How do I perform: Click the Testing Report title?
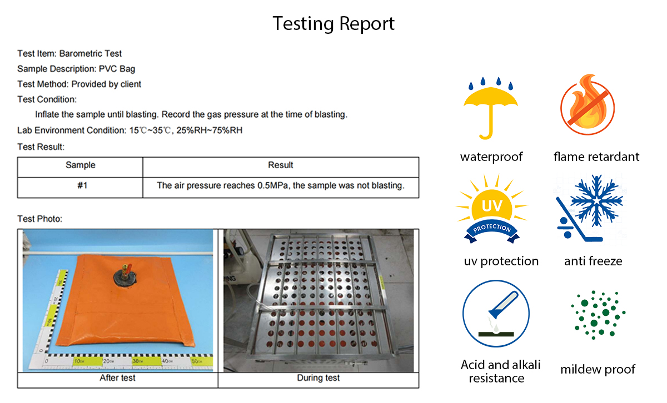tap(333, 24)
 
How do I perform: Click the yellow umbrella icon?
tap(490, 109)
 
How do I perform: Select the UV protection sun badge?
tap(491, 210)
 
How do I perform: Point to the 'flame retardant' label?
tap(596, 157)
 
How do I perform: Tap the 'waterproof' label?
tap(491, 157)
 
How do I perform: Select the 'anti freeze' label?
tap(593, 261)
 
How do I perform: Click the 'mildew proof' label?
tap(598, 369)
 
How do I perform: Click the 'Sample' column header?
tap(81, 165)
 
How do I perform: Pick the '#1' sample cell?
tap(82, 186)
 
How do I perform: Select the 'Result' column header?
tap(281, 165)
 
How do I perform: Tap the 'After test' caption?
tap(117, 379)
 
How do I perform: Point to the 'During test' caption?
tap(318, 379)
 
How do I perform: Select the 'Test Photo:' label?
tap(40, 219)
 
